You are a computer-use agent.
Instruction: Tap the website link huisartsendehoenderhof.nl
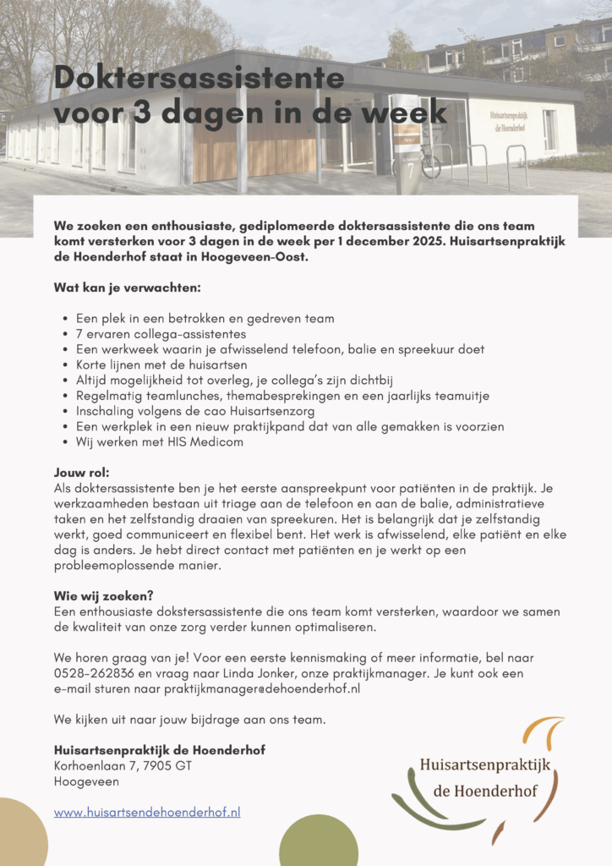coord(147,812)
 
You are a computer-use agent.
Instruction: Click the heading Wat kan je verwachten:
coord(127,288)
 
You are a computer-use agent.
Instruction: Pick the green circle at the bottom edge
coord(318,841)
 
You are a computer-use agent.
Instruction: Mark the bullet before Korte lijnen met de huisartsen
coord(66,364)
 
